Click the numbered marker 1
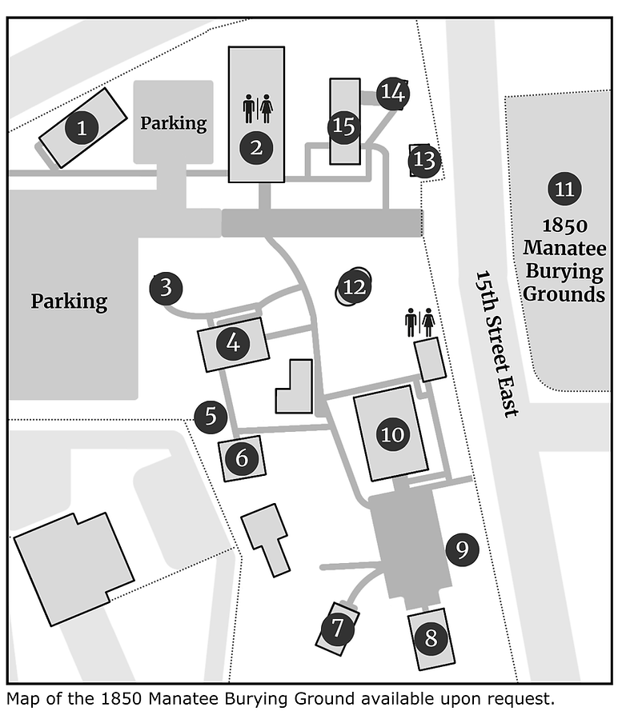(82, 127)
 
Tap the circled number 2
(256, 148)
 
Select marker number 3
(167, 289)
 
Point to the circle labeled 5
(211, 417)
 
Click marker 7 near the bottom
(337, 628)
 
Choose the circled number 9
(462, 549)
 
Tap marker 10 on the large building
(392, 434)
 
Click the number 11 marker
(564, 189)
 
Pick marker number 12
(354, 287)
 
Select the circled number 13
(424, 161)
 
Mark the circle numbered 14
(393, 93)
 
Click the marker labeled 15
(344, 126)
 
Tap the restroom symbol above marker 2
(258, 109)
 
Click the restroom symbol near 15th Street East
(420, 322)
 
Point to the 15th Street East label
(496, 344)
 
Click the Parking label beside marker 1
(174, 123)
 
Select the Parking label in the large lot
(70, 302)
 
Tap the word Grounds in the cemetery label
(564, 294)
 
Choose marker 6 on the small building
(242, 457)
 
